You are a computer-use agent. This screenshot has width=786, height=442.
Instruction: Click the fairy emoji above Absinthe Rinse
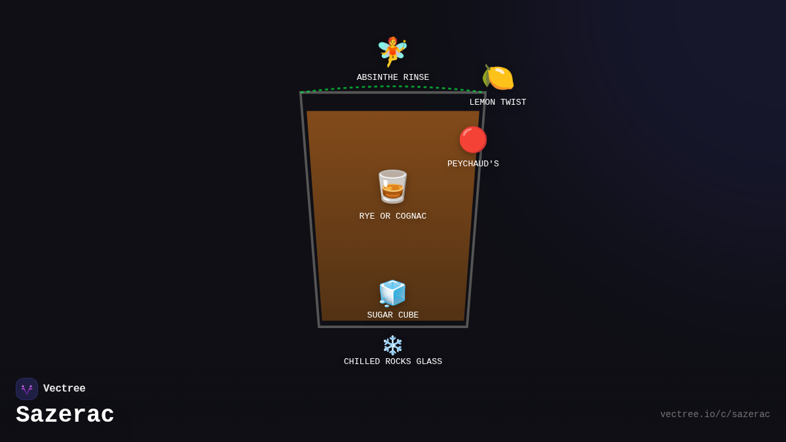tap(392, 52)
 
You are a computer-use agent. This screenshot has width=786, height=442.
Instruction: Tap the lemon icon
tap(498, 78)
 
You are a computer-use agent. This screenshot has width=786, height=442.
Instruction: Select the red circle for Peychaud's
tap(473, 139)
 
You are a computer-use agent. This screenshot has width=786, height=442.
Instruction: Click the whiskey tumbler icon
tap(392, 187)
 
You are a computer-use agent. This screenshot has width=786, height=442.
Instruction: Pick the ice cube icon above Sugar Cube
tap(392, 293)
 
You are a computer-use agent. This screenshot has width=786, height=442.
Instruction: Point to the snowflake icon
tap(392, 345)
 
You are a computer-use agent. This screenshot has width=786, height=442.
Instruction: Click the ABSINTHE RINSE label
tap(393, 77)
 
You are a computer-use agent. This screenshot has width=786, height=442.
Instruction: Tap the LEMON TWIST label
tap(498, 102)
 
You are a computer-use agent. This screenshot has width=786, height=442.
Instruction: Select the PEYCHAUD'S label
tap(473, 164)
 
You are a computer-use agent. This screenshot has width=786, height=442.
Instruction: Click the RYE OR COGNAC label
tap(393, 216)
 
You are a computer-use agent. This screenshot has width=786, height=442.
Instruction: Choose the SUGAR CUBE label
tap(393, 315)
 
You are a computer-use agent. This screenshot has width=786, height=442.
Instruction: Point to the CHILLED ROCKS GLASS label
tap(393, 361)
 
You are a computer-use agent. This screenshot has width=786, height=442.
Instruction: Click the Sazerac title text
tap(65, 414)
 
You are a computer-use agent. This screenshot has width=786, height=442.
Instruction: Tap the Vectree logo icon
tap(27, 389)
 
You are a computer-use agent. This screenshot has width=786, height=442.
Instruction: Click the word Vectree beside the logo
tap(64, 389)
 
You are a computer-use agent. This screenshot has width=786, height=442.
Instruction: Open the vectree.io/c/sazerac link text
tap(715, 414)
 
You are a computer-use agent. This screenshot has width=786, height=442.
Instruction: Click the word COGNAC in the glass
tap(411, 216)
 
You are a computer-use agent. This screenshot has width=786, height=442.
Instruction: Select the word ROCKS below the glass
tap(398, 361)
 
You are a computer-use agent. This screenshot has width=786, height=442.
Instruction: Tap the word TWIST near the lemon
tap(514, 102)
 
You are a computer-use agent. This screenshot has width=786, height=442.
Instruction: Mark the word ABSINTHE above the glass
tap(377, 77)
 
